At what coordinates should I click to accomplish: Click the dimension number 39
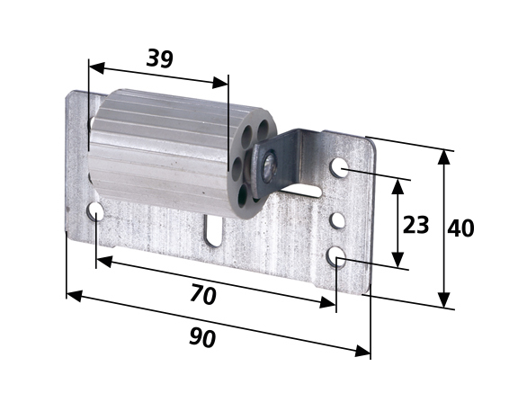point(159,58)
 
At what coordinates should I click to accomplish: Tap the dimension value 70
point(203,295)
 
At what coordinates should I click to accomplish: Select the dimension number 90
point(202,337)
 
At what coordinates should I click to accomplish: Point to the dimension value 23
point(415,225)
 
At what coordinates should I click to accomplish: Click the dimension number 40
point(460,228)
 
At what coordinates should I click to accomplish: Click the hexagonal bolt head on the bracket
point(269,166)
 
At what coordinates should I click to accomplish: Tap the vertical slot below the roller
point(214,230)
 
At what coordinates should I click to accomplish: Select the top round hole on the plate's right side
point(340,167)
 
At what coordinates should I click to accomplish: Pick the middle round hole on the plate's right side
point(338,220)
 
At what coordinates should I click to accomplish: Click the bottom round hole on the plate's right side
point(336,256)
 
